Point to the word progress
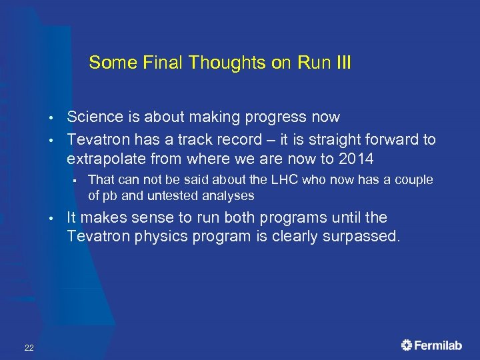[x=267, y=117]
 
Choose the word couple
[x=413, y=180]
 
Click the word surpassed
[x=363, y=237]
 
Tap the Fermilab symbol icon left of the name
[x=407, y=345]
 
